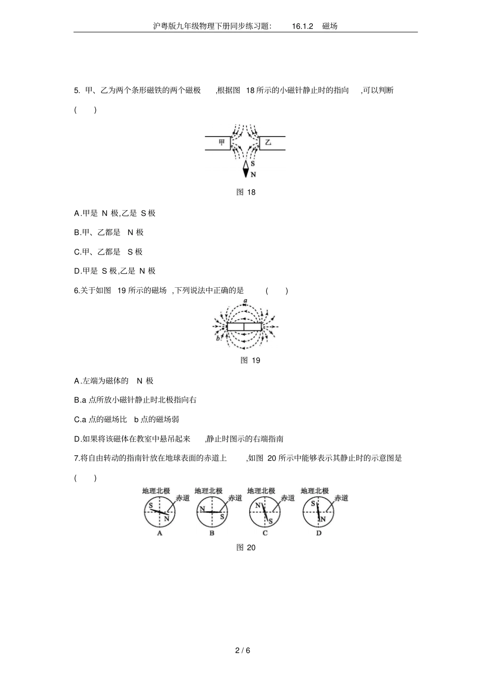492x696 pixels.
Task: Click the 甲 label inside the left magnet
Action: coord(222,143)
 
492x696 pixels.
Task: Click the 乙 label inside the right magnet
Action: coord(268,143)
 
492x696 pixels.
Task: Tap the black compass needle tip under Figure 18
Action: coord(245,177)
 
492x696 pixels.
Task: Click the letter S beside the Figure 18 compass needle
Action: coord(253,164)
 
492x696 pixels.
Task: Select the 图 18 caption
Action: coord(245,192)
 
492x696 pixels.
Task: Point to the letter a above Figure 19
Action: coord(245,301)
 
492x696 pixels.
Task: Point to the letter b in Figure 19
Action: coord(218,338)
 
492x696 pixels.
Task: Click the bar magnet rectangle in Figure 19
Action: coord(244,327)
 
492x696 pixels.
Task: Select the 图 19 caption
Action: coord(250,360)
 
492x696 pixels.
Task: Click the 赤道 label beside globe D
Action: coord(341,498)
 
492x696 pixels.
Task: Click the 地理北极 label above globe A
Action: coord(156,491)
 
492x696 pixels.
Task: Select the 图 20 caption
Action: coord(245,556)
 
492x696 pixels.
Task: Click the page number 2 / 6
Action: coord(243,650)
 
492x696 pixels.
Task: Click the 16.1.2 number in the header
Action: coord(302,26)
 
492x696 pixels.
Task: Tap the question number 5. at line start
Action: coord(77,91)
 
